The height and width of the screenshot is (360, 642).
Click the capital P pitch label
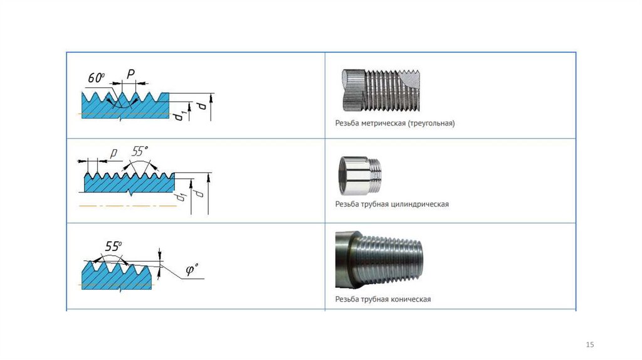130,74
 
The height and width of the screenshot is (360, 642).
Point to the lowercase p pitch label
114,152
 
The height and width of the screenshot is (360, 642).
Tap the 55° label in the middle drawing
140,151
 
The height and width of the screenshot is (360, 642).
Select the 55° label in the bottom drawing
113,246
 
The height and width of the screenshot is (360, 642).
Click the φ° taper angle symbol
192,270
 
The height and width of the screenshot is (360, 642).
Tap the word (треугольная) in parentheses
431,124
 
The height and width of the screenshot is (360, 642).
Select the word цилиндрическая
419,204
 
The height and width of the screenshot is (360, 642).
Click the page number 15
589,344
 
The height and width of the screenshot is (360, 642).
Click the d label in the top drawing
201,107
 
